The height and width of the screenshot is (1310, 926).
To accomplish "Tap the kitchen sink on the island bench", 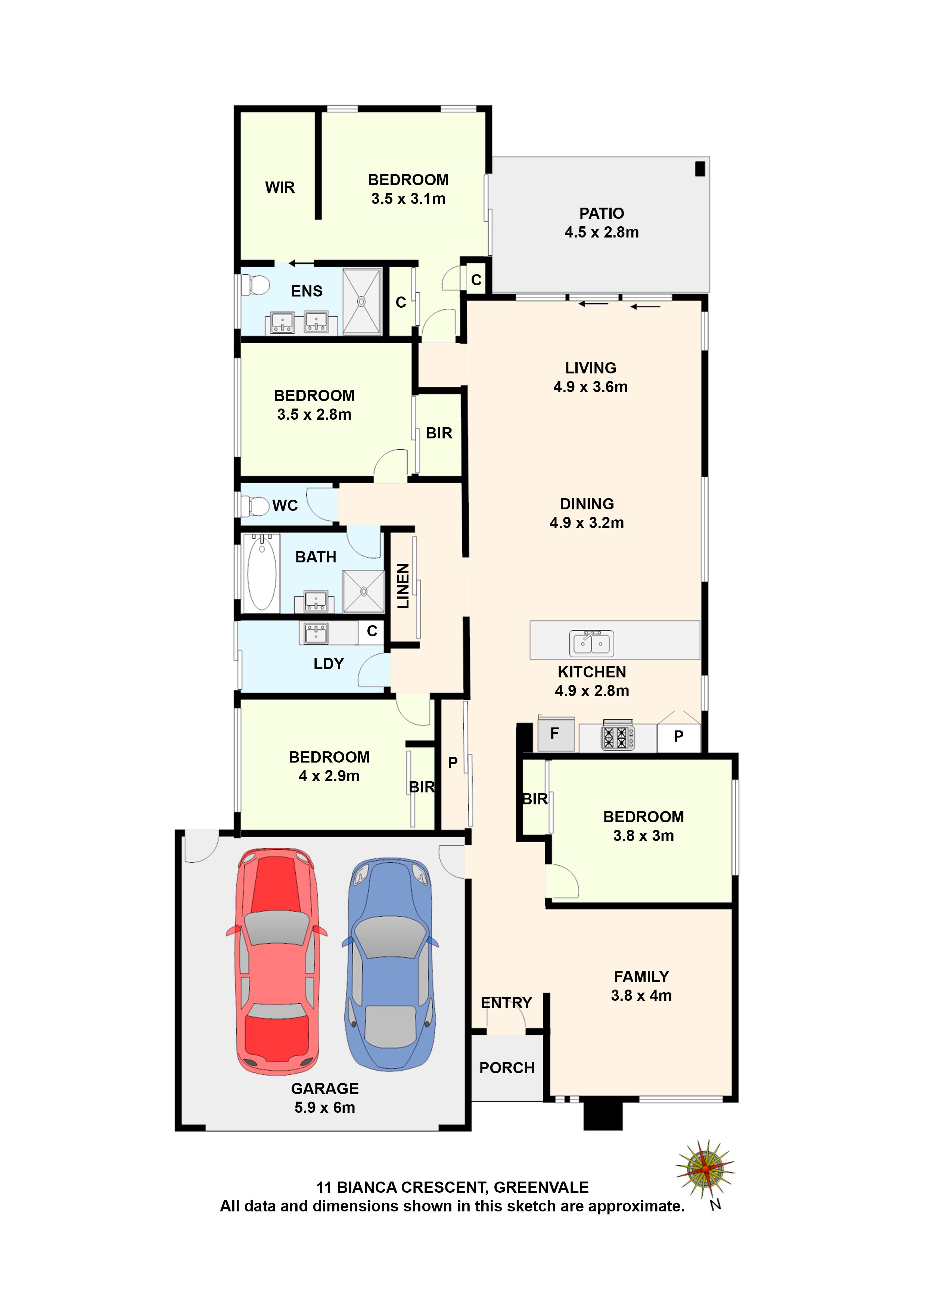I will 591,643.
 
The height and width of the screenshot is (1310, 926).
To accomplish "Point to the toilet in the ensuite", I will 256,285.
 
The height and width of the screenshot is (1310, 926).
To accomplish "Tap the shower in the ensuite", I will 361,301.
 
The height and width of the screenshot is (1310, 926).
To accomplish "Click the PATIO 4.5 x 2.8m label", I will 602,223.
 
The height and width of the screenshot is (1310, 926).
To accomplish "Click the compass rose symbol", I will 705,1169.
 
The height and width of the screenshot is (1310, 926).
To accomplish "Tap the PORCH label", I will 507,1068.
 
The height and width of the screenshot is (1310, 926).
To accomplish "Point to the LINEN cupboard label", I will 403,586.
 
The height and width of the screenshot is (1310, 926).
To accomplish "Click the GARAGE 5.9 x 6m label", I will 324,1098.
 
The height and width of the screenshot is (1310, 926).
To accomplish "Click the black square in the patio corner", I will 700,169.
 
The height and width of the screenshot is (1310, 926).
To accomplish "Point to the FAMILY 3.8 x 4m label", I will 641,986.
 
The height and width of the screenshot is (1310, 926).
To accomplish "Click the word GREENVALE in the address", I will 541,1188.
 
